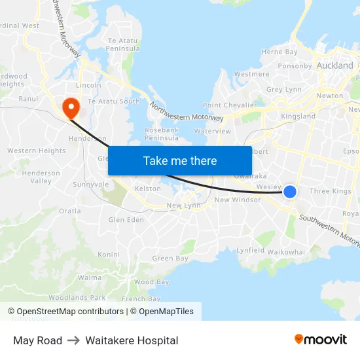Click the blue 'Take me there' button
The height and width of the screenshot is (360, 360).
click(180, 160)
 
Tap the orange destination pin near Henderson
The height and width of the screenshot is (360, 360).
click(69, 107)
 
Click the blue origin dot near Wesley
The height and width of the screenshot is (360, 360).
click(290, 191)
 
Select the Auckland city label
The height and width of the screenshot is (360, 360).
click(334, 66)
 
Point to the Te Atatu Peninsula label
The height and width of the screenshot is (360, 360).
click(123, 45)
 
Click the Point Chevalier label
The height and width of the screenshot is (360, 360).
click(230, 105)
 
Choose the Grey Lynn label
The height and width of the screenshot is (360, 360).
click(284, 90)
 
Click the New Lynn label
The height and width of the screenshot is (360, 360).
click(183, 206)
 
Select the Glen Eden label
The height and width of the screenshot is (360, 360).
click(126, 220)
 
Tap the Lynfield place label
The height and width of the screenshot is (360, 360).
click(251, 250)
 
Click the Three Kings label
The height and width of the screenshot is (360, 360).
click(330, 191)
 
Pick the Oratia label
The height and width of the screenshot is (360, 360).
click(70, 211)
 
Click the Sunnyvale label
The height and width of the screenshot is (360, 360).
click(91, 185)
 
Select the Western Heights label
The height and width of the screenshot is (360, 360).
click(37, 151)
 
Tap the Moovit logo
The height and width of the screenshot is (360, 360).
click(321, 340)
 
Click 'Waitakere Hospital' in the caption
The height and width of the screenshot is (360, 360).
click(132, 340)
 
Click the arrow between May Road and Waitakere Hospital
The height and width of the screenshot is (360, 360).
click(74, 340)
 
